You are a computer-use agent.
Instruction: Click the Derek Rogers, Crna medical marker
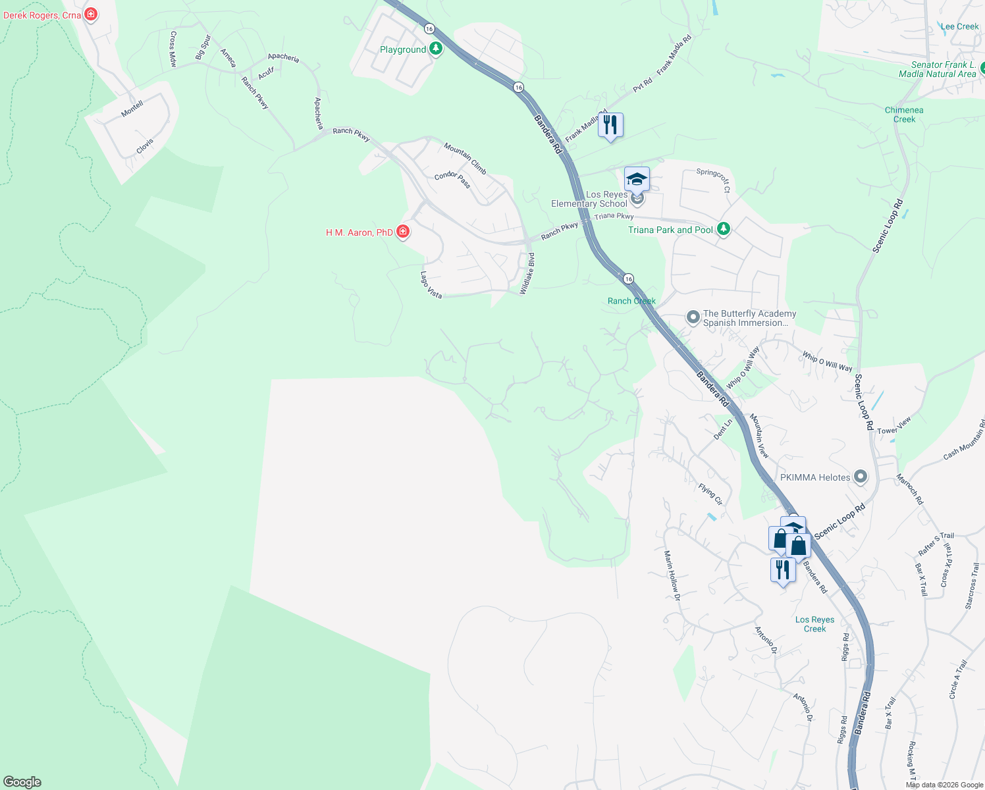click(x=91, y=14)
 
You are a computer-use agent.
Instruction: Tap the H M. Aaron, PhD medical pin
click(x=403, y=232)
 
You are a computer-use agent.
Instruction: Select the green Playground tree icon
click(x=435, y=49)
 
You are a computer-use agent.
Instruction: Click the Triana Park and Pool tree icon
click(x=724, y=229)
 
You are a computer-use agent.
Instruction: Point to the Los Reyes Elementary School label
click(x=589, y=199)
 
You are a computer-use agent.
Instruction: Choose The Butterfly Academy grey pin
click(x=693, y=317)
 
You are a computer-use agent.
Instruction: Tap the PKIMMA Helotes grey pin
click(x=860, y=477)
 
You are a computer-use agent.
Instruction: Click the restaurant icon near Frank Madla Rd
click(x=610, y=124)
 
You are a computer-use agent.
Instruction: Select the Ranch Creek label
click(x=631, y=301)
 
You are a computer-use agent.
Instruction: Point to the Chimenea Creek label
click(x=904, y=115)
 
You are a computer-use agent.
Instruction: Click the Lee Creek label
click(x=959, y=26)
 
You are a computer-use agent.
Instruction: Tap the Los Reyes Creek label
click(x=814, y=624)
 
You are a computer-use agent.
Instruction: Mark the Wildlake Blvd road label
click(x=527, y=273)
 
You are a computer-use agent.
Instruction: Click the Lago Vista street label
click(x=431, y=285)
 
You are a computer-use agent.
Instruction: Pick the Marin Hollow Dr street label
click(x=671, y=575)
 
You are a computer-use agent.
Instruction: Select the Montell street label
click(x=132, y=109)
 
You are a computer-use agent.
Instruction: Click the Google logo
click(x=22, y=782)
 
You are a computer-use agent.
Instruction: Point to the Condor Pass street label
click(x=452, y=179)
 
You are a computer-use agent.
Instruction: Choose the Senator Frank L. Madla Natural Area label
click(x=938, y=69)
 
